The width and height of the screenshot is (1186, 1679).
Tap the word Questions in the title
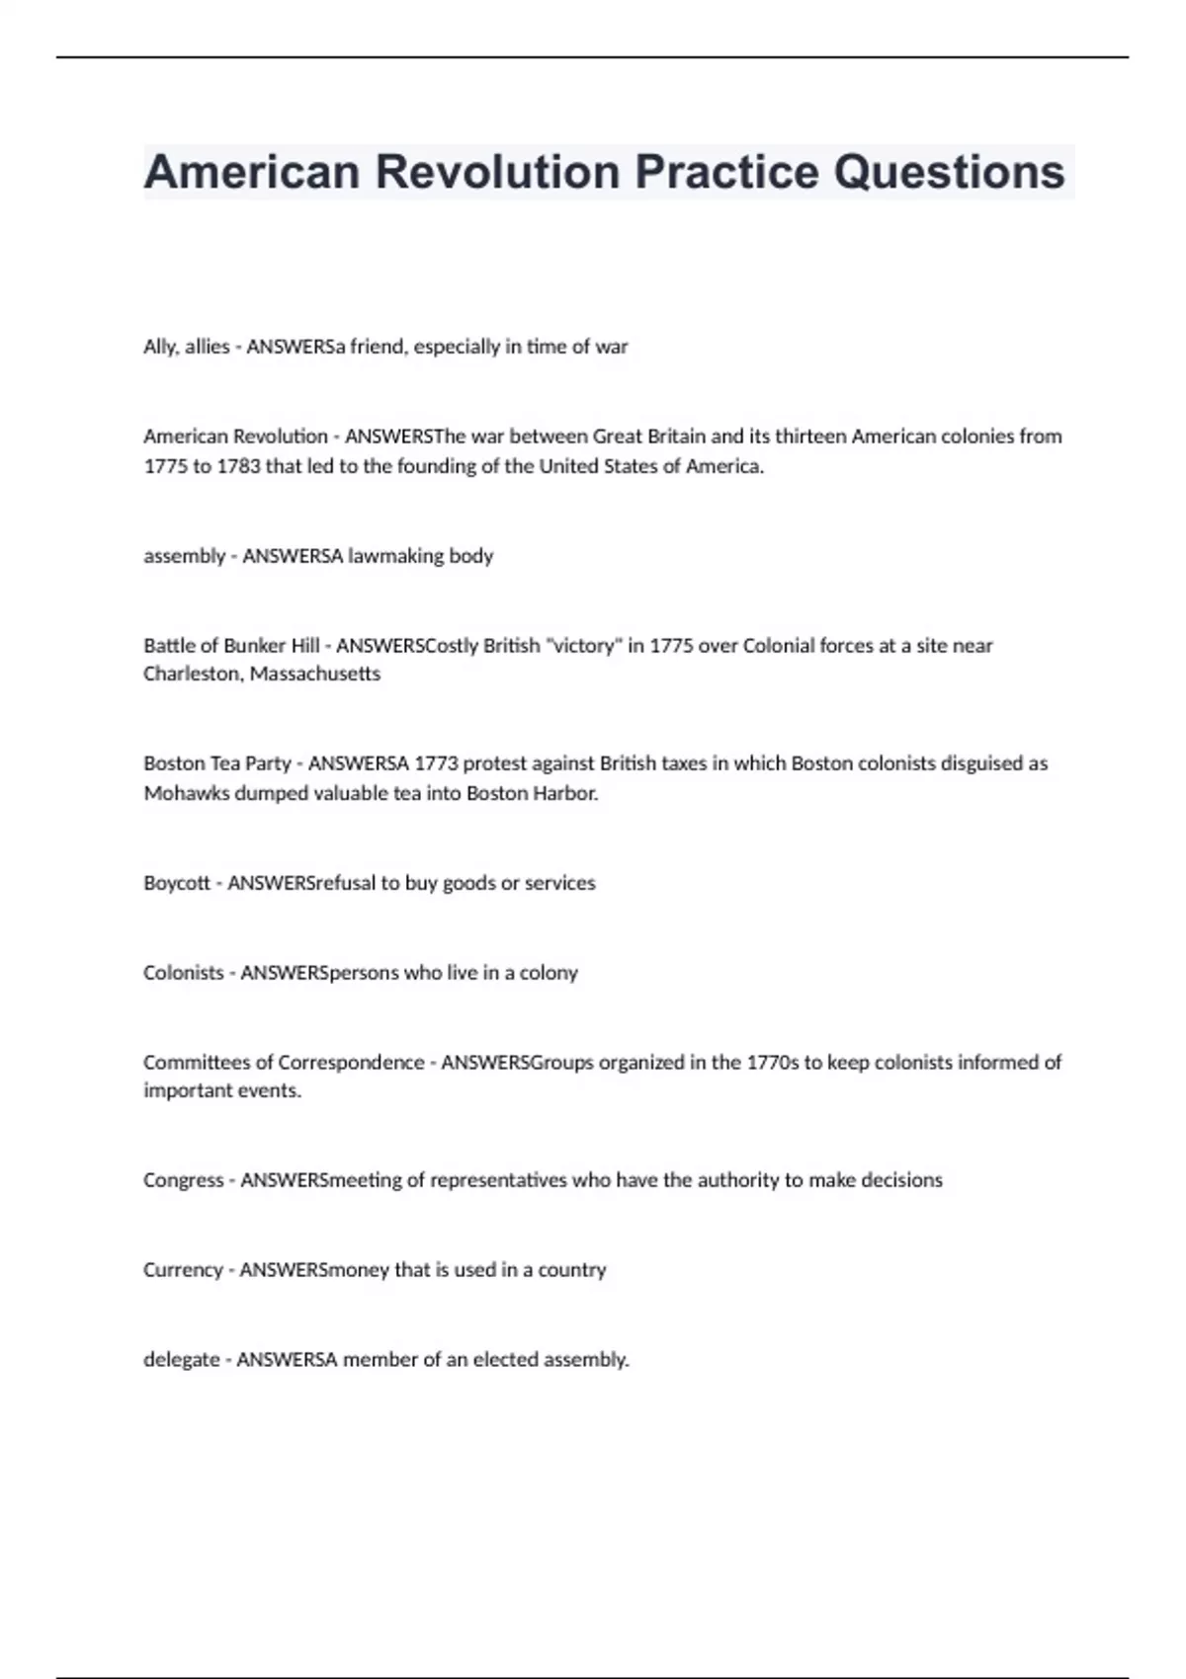point(949,172)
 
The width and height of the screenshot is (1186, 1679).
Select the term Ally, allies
point(186,347)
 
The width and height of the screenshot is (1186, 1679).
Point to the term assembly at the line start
point(185,556)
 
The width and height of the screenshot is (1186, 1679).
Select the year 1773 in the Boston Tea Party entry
point(436,763)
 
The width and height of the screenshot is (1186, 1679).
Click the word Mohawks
point(186,793)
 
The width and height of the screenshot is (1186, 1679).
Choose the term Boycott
point(177,883)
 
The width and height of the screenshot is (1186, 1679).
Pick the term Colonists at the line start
point(184,973)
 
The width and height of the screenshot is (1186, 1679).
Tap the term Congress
point(184,1180)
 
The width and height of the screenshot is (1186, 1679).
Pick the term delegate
point(182,1360)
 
